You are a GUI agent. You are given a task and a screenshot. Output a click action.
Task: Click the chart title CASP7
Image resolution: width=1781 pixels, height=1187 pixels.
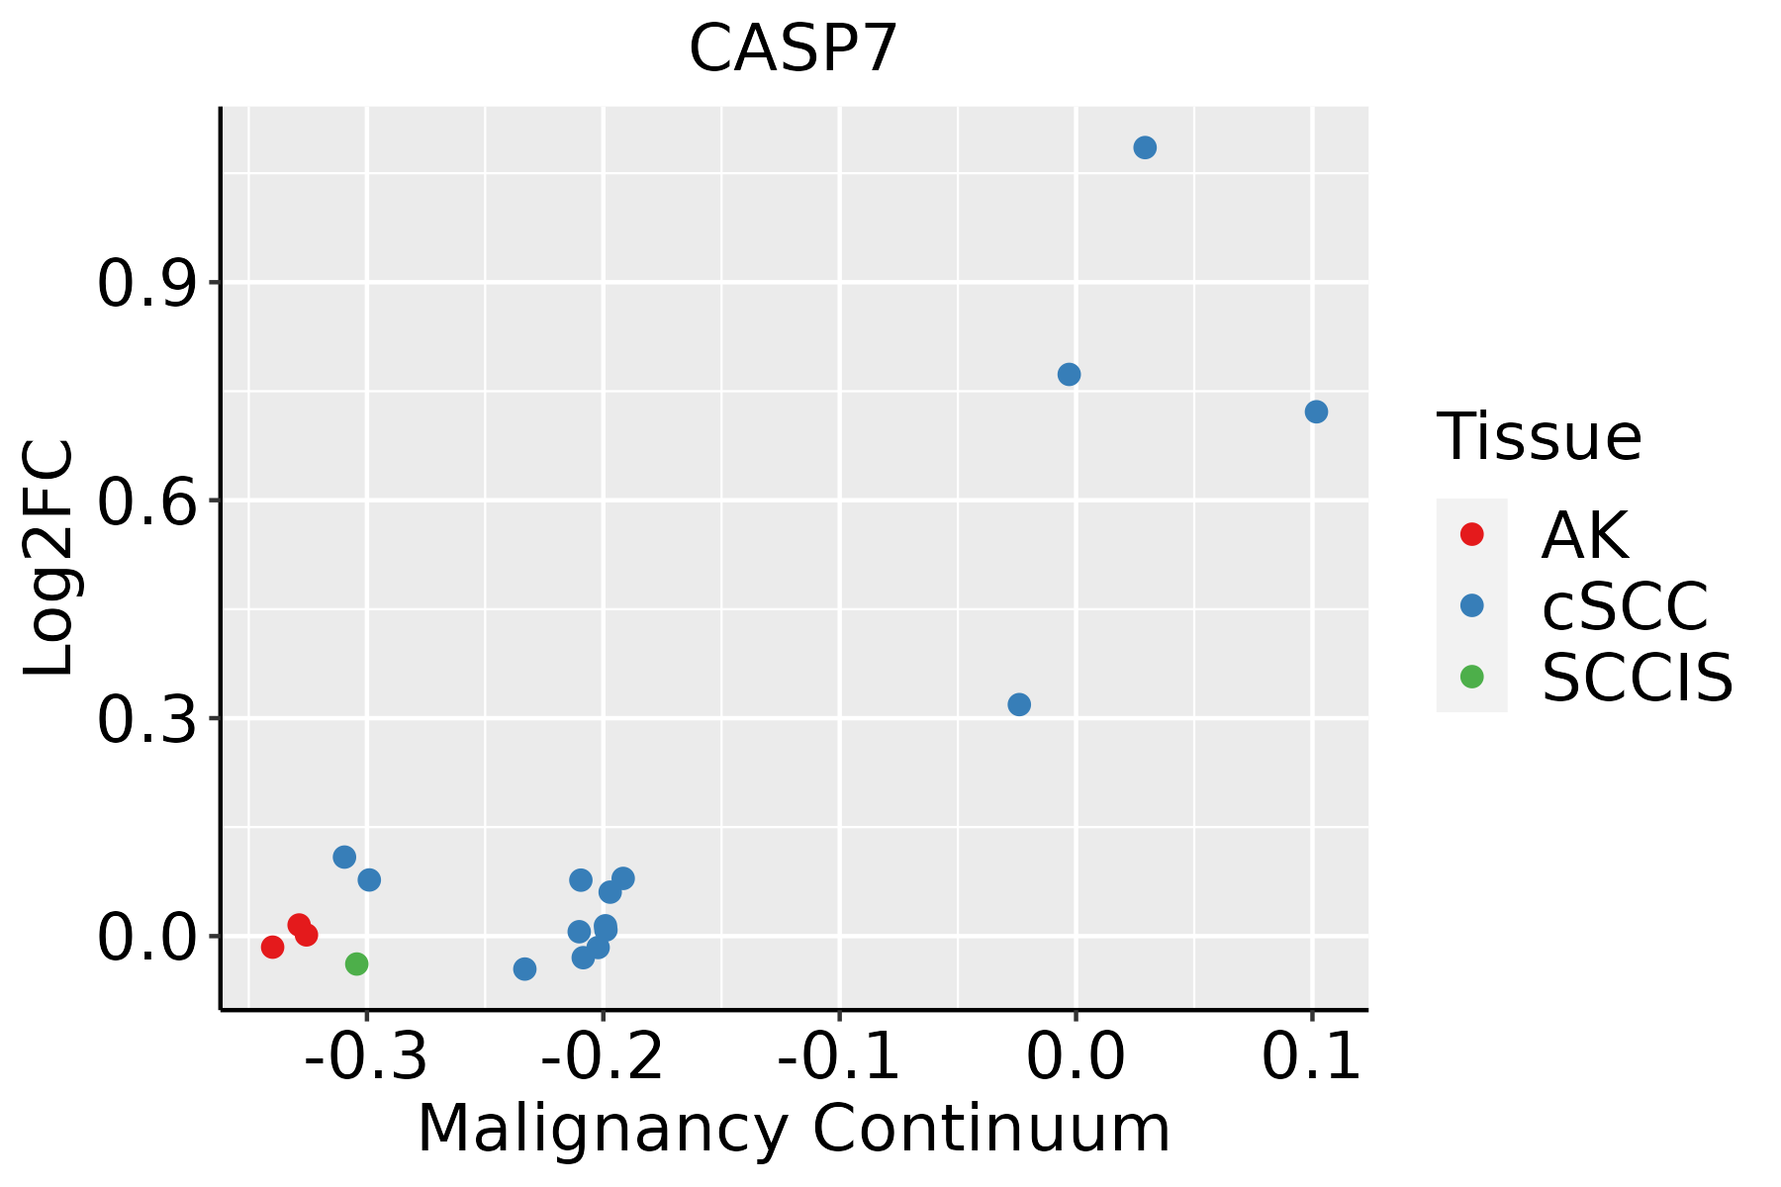click(793, 48)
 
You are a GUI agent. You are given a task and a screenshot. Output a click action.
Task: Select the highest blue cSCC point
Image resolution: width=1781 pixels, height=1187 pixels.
click(1145, 148)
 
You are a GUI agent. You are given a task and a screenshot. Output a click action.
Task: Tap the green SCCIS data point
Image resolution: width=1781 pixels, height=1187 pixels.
click(357, 963)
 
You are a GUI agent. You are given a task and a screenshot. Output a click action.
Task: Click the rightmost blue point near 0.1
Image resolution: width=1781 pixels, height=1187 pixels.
click(1316, 411)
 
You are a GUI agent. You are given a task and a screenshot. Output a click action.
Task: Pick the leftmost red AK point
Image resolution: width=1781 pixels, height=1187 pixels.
click(273, 948)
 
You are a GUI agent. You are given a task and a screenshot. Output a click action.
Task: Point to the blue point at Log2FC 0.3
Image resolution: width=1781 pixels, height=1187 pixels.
click(1019, 704)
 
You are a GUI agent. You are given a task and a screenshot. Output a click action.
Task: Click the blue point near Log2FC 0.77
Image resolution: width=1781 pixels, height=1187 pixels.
click(1069, 374)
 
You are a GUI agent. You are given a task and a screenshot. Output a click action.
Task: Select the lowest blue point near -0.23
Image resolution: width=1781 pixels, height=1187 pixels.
click(525, 968)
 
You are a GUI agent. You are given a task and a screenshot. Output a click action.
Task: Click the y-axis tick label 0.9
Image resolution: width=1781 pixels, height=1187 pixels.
click(146, 284)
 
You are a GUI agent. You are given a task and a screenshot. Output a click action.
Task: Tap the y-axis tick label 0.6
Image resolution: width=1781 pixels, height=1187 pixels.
click(146, 502)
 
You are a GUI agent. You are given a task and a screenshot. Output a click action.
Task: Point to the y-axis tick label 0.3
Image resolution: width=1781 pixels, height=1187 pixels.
click(146, 719)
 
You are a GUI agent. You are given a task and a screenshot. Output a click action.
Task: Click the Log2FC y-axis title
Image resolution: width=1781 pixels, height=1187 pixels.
click(49, 558)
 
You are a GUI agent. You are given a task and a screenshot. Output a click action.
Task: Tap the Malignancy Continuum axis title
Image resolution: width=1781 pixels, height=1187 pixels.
click(794, 1130)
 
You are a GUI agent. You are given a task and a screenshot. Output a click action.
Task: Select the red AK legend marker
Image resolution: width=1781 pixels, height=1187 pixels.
click(1471, 534)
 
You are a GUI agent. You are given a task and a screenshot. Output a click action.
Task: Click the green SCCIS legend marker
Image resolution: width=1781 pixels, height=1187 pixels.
click(1471, 677)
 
